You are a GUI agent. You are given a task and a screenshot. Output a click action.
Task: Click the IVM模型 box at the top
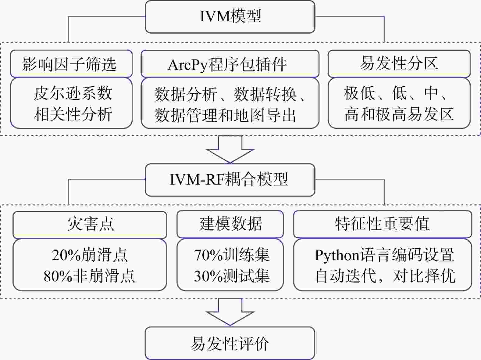[230, 17]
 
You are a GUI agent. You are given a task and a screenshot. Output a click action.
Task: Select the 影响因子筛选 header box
[71, 64]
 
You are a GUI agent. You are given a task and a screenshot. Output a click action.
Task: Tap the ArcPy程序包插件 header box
[230, 64]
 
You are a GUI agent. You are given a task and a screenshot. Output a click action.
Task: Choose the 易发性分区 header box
[399, 64]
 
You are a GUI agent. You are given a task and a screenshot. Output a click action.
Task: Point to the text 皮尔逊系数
[73, 93]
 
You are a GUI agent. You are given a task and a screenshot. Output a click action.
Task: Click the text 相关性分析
[73, 114]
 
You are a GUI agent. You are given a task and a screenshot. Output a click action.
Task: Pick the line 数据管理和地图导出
[225, 115]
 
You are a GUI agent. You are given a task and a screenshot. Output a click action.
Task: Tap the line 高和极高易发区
[399, 114]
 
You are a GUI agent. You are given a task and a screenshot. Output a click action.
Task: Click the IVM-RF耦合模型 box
[230, 180]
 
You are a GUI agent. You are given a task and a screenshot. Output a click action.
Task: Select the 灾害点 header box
[90, 225]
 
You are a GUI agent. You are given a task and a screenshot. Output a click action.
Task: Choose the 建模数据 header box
[230, 224]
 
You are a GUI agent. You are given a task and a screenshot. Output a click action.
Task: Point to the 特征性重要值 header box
[382, 224]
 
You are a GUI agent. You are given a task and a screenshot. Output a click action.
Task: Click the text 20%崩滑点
[90, 255]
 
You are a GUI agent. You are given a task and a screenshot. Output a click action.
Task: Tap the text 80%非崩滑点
[89, 276]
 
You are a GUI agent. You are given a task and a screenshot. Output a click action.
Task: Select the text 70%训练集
[232, 255]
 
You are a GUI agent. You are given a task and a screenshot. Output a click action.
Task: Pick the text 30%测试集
[232, 276]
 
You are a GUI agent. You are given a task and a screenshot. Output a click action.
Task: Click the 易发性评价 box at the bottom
[230, 343]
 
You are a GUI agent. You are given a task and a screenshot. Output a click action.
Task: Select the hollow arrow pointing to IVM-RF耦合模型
[230, 149]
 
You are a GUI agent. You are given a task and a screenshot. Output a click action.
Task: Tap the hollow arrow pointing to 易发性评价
[230, 312]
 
